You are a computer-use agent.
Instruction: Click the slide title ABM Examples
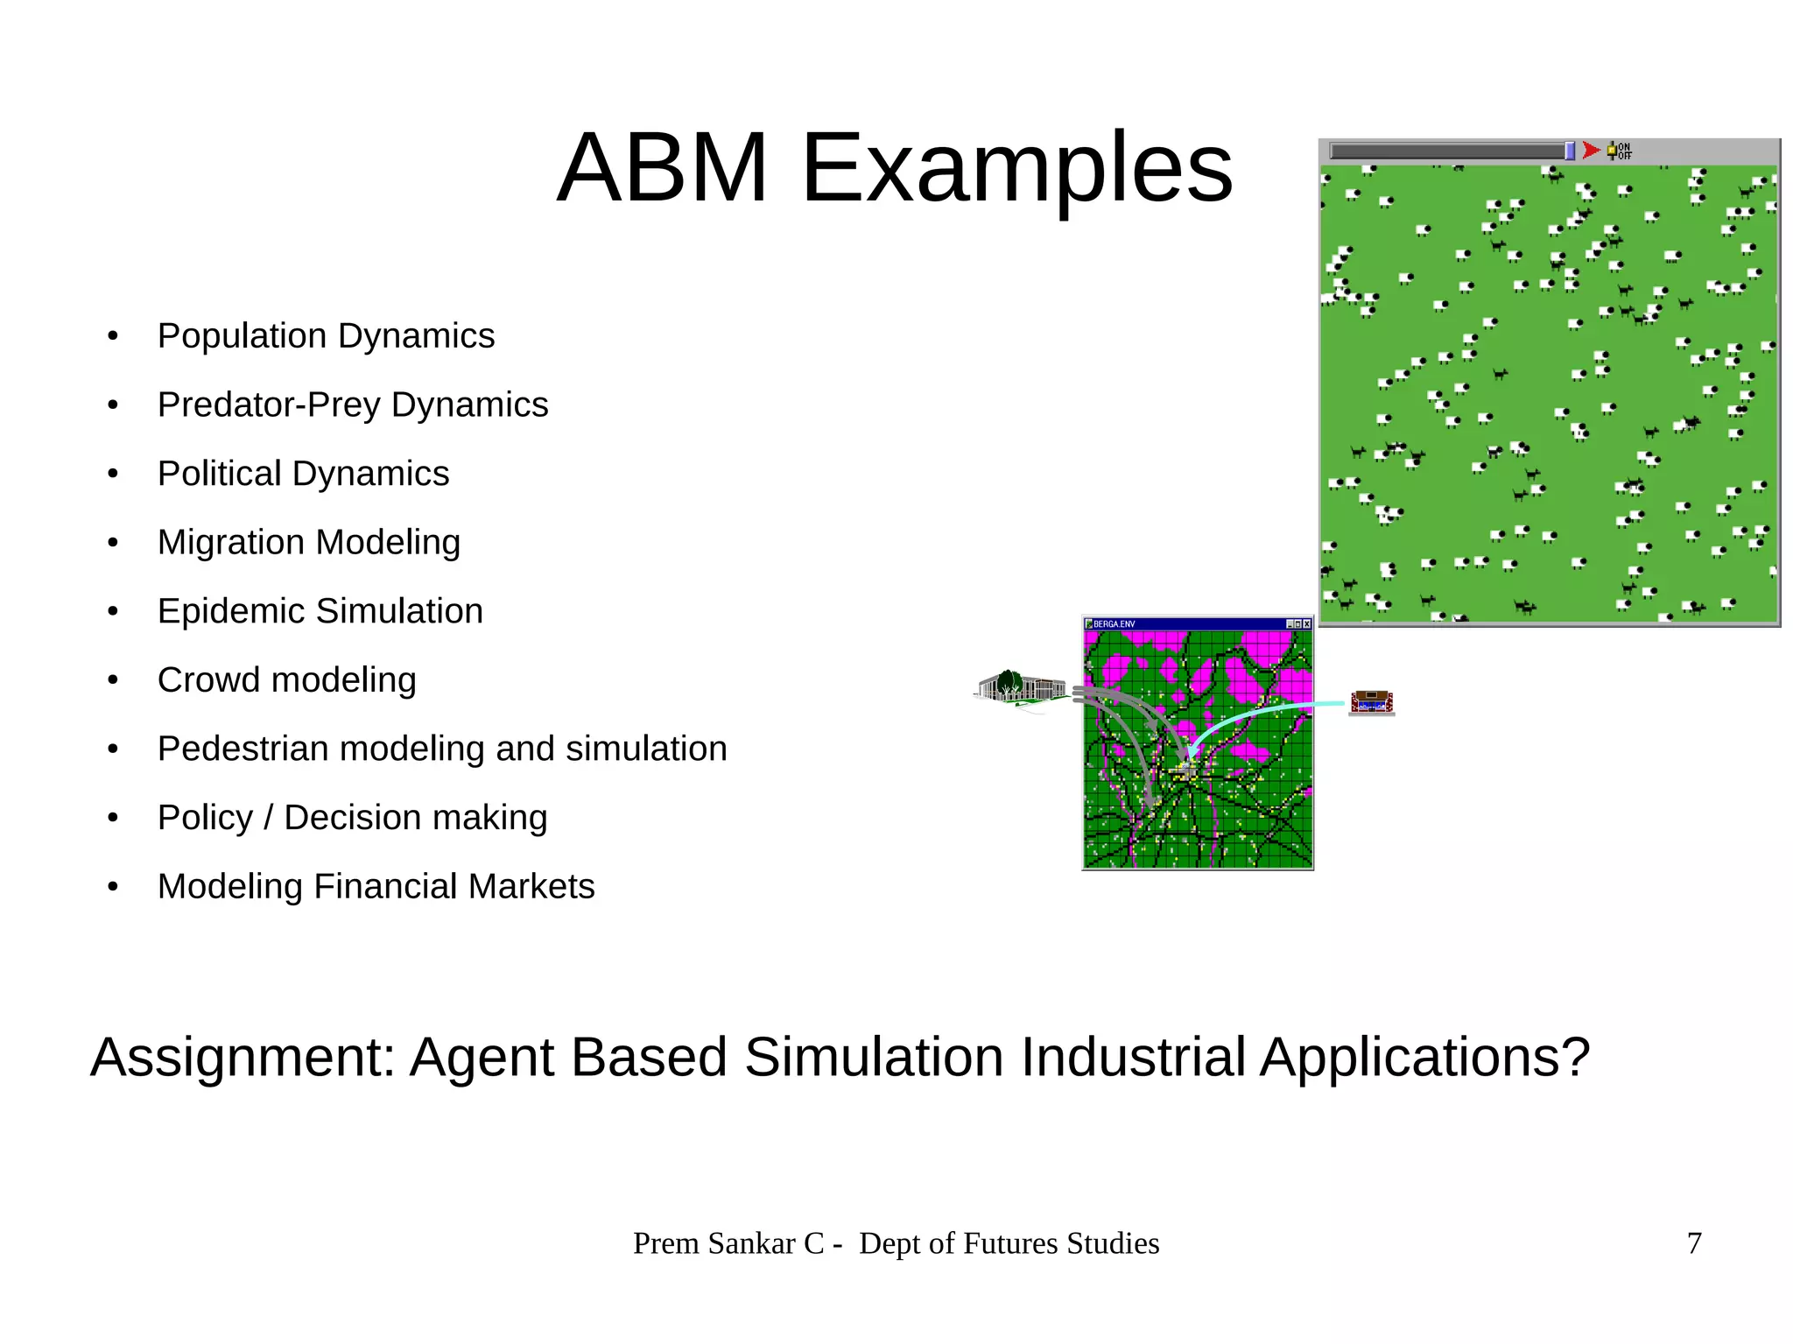pyautogui.click(x=894, y=167)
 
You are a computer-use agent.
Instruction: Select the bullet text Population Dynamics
pyautogui.click(x=326, y=336)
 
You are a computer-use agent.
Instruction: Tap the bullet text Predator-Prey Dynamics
pyautogui.click(x=352, y=405)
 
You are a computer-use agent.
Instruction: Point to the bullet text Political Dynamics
pyautogui.click(x=303, y=474)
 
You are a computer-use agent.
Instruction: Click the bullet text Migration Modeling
pyautogui.click(x=308, y=542)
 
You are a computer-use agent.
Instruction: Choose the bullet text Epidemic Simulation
pyautogui.click(x=320, y=611)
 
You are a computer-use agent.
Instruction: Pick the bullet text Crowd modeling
pyautogui.click(x=286, y=679)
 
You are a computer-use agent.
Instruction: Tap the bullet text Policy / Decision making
pyautogui.click(x=352, y=817)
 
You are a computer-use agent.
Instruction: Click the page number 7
pyautogui.click(x=1694, y=1243)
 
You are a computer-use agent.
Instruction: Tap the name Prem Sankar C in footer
pyautogui.click(x=728, y=1243)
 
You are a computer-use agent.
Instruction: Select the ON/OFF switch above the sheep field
pyautogui.click(x=1619, y=151)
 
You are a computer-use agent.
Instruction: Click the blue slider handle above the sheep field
pyautogui.click(x=1570, y=151)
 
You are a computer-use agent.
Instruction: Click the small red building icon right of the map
pyautogui.click(x=1371, y=702)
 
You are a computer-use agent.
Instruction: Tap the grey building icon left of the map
pyautogui.click(x=1020, y=688)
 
